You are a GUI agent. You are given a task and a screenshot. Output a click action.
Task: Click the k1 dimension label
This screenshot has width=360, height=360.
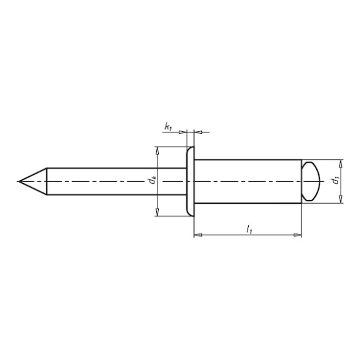[x=168, y=127]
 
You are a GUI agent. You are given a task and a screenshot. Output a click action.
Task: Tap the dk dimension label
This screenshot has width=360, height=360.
[x=152, y=180]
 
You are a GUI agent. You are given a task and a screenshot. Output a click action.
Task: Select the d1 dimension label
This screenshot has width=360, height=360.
[x=336, y=181]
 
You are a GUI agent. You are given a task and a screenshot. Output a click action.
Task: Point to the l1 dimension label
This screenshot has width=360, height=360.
[x=249, y=230]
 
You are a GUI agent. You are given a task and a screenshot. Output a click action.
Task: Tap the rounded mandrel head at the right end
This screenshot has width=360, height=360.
[x=310, y=181]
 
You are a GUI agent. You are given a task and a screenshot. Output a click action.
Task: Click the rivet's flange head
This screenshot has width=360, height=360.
[x=190, y=181]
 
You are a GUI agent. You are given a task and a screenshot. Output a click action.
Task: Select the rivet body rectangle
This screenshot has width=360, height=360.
[x=248, y=181]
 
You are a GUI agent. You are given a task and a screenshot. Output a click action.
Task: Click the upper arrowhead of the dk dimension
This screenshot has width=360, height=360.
[x=157, y=150]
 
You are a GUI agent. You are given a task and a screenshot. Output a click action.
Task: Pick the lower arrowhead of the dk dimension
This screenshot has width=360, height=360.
[x=157, y=212]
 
